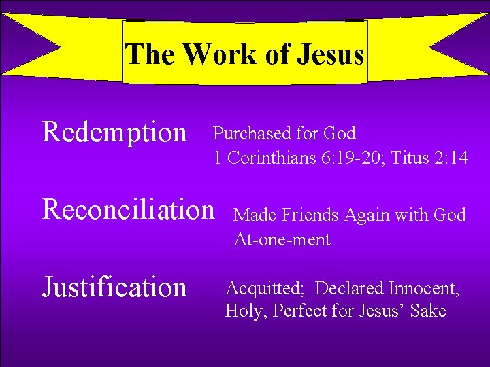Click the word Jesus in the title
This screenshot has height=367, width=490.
330,54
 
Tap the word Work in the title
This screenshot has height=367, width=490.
219,54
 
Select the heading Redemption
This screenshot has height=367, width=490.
114,132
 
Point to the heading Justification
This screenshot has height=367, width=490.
114,287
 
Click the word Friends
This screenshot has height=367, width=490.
310,215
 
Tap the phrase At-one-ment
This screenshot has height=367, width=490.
282,239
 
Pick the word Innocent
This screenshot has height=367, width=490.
423,288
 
